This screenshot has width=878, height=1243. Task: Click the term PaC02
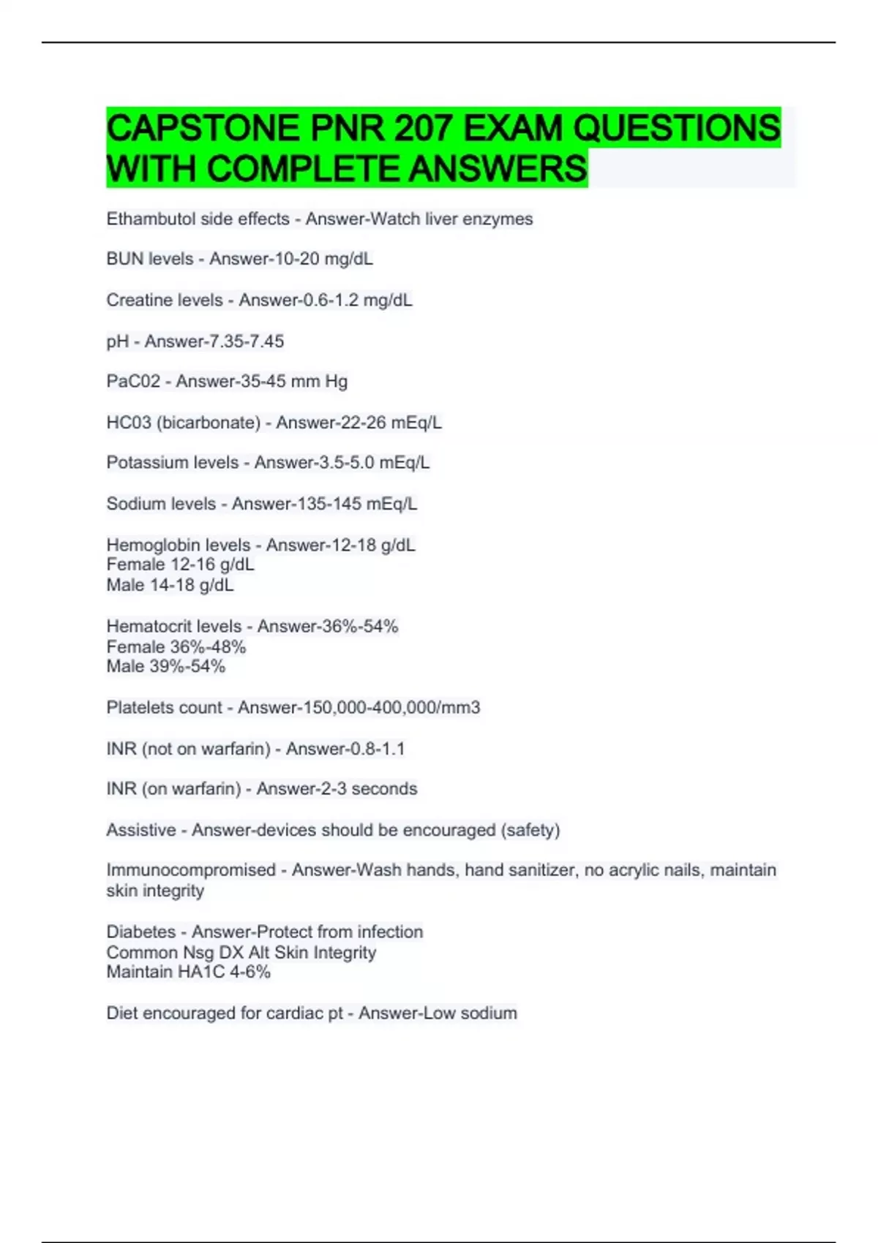[x=133, y=381]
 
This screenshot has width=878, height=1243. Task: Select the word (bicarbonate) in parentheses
[x=209, y=423]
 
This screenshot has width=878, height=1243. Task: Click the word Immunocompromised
[x=191, y=870]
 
